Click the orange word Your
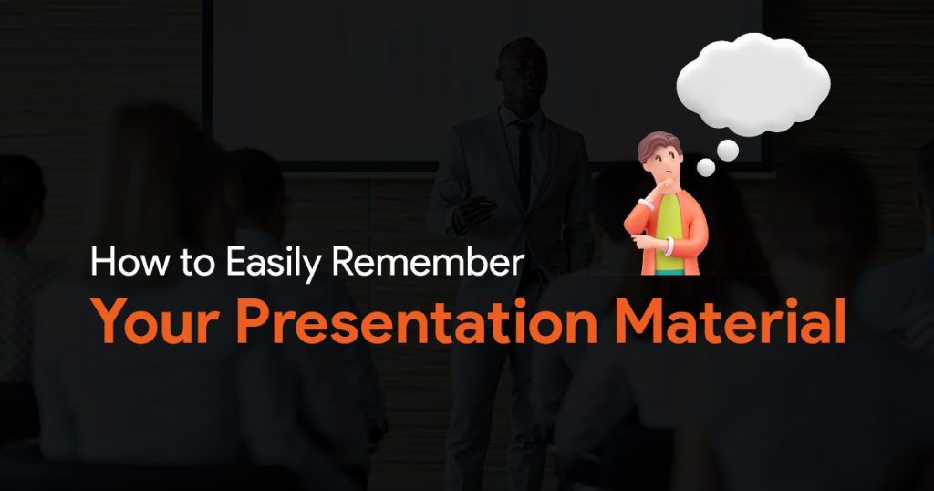pos(157,321)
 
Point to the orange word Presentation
pos(417,321)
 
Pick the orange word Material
pos(730,321)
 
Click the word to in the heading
pos(197,264)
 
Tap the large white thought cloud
pos(753,84)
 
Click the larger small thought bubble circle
pos(728,151)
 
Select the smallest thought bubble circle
pos(706,167)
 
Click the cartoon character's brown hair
pos(659,145)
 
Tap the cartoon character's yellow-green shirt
pos(669,233)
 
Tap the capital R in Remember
pos(344,262)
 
